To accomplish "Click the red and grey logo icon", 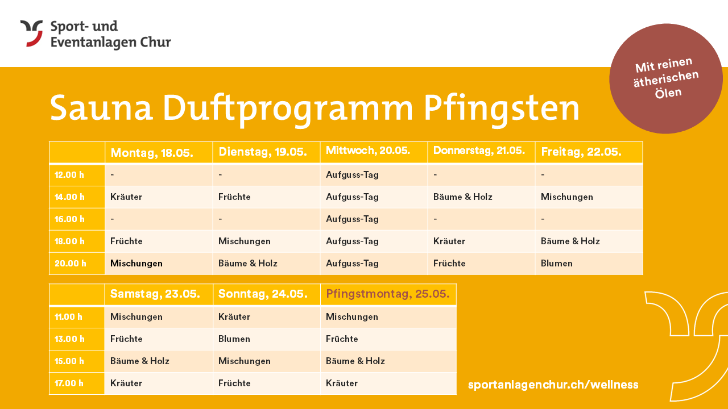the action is (x=31, y=34).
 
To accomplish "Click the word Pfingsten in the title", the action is (x=502, y=108).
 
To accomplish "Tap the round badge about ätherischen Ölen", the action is (x=666, y=78).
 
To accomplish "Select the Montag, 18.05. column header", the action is (x=152, y=153).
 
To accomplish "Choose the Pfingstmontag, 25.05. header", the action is (x=388, y=294).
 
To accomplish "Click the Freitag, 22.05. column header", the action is (x=581, y=152).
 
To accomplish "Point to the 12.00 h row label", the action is (x=69, y=175).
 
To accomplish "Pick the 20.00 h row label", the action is (x=70, y=263).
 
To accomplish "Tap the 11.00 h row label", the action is (x=68, y=317).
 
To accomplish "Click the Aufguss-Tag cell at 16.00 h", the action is (x=352, y=219).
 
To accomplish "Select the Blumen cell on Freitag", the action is (x=557, y=263).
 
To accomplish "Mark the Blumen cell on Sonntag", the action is (x=234, y=339).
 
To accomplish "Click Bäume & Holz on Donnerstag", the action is (x=463, y=197).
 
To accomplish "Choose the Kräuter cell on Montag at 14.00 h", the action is (x=126, y=197).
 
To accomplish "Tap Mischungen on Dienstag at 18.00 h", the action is (x=245, y=241).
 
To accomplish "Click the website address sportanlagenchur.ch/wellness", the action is (x=553, y=385).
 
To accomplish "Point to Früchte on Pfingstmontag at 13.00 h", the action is (x=342, y=339).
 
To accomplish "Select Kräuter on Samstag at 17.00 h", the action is (x=126, y=383).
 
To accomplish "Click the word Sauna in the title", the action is (x=101, y=108).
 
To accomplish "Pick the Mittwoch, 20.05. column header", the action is (x=368, y=151).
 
